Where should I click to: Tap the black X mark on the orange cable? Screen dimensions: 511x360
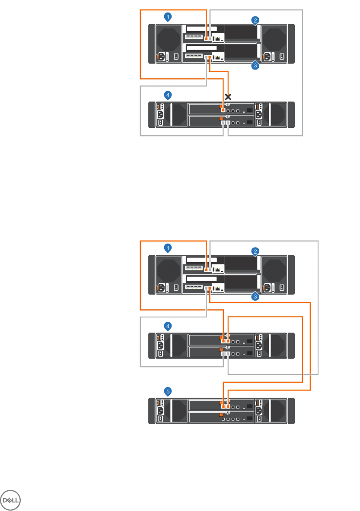228,97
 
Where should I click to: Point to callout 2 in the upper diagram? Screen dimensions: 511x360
256,20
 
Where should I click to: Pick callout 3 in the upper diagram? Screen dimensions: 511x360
255,66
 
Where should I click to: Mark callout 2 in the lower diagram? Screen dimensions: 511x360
256,251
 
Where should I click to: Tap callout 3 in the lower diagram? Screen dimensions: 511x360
255,297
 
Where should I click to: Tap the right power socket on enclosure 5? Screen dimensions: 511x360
259,411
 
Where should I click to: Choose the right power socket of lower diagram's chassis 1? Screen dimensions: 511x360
267,287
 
